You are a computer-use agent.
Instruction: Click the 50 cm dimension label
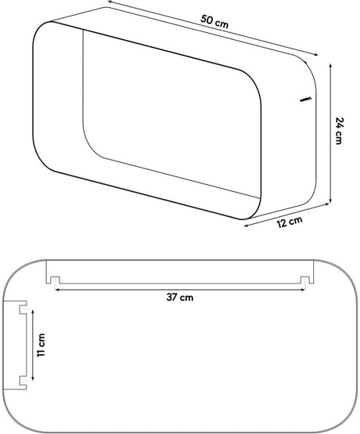[214, 22]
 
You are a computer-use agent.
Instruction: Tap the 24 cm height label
[339, 131]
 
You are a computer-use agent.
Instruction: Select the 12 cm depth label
[290, 222]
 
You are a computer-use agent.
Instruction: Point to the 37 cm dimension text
[180, 298]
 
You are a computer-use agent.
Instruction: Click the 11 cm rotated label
[41, 345]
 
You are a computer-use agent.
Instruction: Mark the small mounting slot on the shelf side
[305, 99]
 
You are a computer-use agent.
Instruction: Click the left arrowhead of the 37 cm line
[57, 290]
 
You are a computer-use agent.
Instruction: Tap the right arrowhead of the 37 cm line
[303, 290]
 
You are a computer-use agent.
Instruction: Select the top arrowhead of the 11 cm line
[33, 312]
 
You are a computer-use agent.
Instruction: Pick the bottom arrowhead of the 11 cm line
[33, 378]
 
